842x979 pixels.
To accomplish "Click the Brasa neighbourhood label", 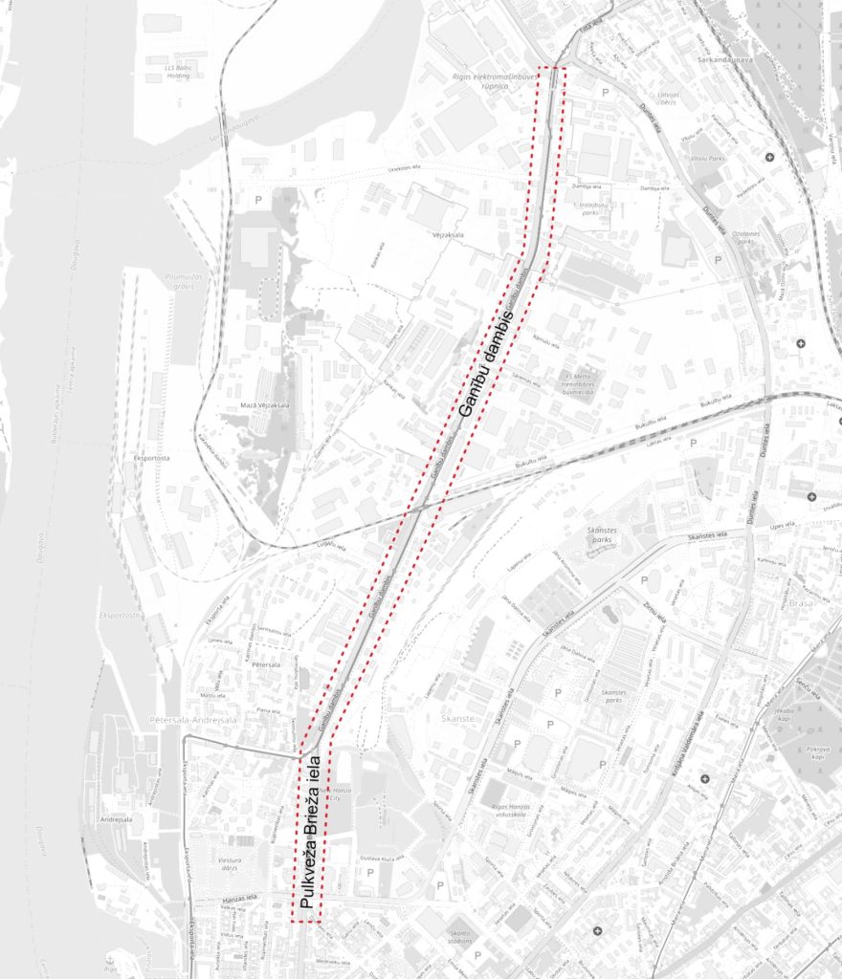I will (x=802, y=604).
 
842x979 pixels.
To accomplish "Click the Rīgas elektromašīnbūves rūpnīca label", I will (x=487, y=79).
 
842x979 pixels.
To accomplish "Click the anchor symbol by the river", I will (x=111, y=958).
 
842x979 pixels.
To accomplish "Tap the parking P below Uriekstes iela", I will (x=257, y=199).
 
